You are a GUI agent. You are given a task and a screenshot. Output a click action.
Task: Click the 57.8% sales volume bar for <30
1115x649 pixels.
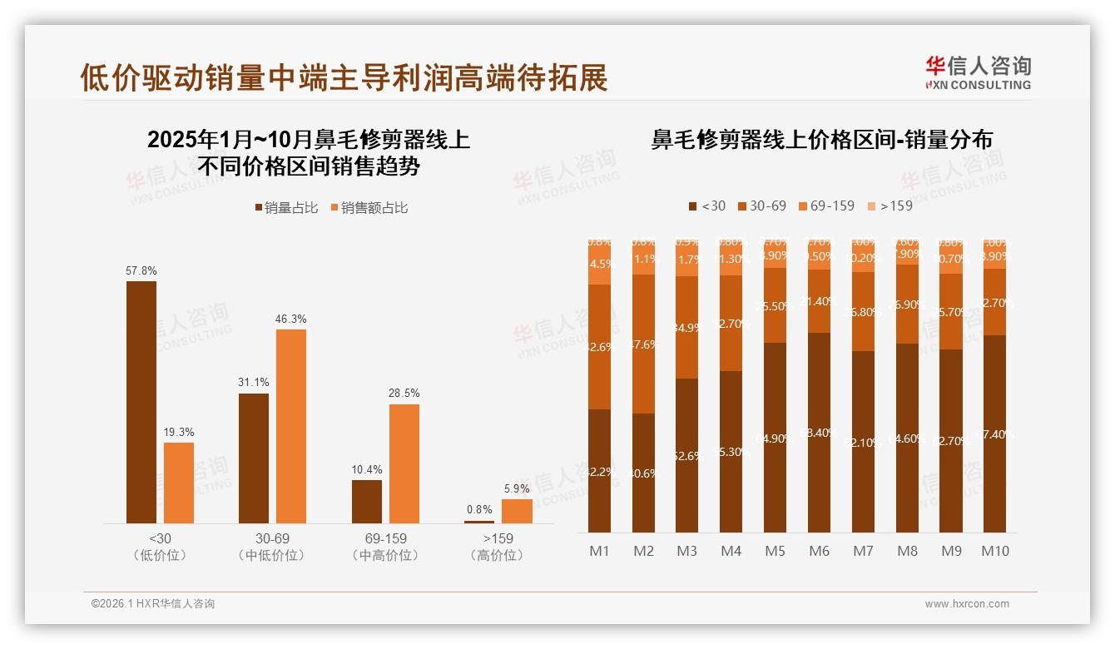pyautogui.click(x=141, y=402)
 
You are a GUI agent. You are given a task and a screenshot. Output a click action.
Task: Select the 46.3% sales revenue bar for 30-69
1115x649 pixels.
pyautogui.click(x=291, y=426)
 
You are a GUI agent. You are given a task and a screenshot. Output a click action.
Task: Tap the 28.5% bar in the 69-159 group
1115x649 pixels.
pyautogui.click(x=404, y=463)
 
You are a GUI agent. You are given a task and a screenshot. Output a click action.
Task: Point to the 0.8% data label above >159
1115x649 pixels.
pyautogui.click(x=479, y=509)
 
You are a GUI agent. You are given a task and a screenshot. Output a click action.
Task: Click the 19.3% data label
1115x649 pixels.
pyautogui.click(x=178, y=433)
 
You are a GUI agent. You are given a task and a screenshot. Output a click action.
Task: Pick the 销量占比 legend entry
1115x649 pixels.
pyautogui.click(x=286, y=208)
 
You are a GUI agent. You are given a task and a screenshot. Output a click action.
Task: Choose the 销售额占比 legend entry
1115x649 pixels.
pyautogui.click(x=369, y=208)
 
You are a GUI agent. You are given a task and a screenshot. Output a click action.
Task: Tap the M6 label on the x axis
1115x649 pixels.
pyautogui.click(x=819, y=551)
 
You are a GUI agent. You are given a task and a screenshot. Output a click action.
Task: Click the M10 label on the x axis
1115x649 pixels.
pyautogui.click(x=994, y=551)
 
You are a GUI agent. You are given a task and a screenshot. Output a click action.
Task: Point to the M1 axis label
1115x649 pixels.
pyautogui.click(x=599, y=551)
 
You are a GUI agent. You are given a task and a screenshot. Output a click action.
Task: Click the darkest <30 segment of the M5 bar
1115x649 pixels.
pyautogui.click(x=775, y=438)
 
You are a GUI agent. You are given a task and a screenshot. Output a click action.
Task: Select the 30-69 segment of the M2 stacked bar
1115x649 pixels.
pyautogui.click(x=643, y=344)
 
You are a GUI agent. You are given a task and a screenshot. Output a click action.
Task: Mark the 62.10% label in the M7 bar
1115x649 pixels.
pyautogui.click(x=863, y=443)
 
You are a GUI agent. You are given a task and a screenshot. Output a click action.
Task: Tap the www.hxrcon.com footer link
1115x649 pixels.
pyautogui.click(x=967, y=604)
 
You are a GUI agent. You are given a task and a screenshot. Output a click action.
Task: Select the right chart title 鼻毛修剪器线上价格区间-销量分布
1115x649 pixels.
pyautogui.click(x=821, y=140)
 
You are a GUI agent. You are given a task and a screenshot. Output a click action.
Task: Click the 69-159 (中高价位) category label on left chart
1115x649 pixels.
pyautogui.click(x=385, y=547)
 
